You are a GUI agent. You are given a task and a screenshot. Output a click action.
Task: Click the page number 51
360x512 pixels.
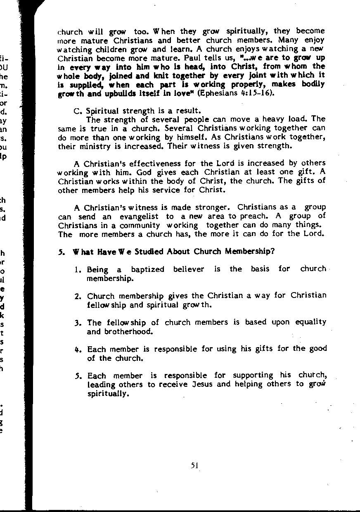pos(195,465)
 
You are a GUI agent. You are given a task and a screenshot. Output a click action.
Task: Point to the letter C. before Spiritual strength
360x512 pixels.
pos(76,111)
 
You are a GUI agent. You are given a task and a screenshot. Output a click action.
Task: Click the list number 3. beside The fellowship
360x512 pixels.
pos(78,323)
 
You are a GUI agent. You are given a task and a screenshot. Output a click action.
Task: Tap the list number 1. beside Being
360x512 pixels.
pos(78,270)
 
